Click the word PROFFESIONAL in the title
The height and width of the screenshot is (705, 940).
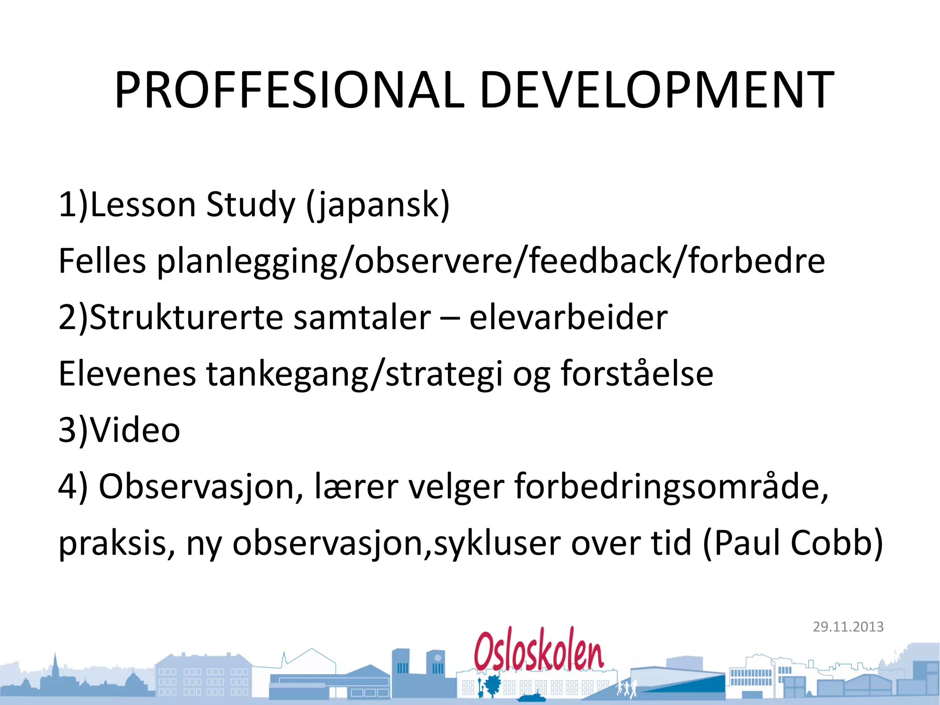289,90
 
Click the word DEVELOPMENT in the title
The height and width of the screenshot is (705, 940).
656,90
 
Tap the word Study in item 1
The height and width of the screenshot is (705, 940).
250,205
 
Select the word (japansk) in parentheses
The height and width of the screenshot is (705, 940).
378,205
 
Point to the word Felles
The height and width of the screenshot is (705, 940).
102,261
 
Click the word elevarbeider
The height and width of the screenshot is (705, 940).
568,317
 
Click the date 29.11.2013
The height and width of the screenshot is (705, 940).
848,627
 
